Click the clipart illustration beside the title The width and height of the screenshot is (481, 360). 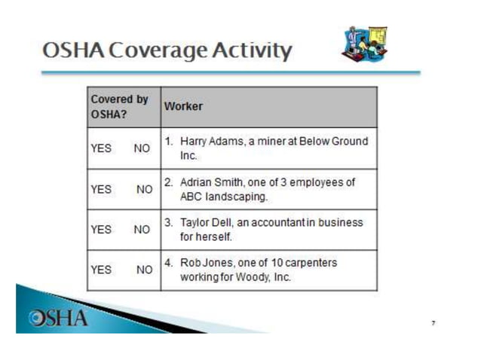click(365, 44)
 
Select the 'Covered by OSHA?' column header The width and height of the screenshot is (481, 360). click(119, 106)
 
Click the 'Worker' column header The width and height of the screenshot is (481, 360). click(183, 106)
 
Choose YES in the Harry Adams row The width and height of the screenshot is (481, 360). click(100, 148)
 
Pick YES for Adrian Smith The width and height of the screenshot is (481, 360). click(100, 189)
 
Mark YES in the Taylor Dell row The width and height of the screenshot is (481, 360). click(100, 230)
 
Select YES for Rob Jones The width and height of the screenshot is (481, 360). click(100, 269)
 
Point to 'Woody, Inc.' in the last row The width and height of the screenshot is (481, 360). click(266, 277)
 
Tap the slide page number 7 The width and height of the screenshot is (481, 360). click(433, 322)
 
